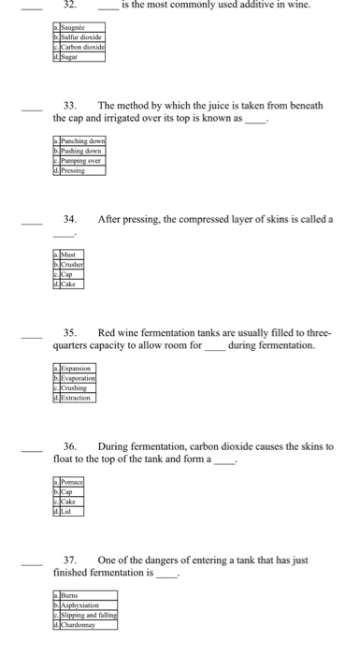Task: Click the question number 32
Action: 67,5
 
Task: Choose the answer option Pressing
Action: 75,171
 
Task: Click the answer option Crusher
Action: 74,264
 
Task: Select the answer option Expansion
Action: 78,370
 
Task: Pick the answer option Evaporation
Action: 79,379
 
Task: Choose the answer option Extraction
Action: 78,398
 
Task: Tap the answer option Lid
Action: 68,511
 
